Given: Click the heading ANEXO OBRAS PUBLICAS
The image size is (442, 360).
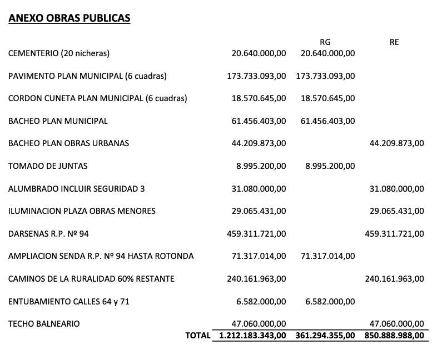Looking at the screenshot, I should pos(69,18).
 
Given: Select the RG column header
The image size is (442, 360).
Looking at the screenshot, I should pos(325,42).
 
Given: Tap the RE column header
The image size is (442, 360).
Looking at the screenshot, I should pos(394,42).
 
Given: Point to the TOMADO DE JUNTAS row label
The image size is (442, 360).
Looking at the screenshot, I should pos(48,166).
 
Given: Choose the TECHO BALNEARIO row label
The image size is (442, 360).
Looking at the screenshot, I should pos(44,324).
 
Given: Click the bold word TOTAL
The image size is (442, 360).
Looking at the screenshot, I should pos(198,336).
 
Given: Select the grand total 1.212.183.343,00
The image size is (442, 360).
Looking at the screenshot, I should pos(253,336).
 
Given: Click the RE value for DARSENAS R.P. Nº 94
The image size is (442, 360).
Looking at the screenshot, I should pos(394,234).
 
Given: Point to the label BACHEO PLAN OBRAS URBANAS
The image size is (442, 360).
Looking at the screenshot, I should pos(68,143).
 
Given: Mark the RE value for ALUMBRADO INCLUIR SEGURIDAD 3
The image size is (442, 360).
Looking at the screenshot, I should pos(396,189).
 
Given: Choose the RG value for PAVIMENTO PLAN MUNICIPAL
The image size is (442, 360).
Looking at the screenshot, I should pos(325,76).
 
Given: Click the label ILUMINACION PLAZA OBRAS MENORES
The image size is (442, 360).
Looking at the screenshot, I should pos(82,211).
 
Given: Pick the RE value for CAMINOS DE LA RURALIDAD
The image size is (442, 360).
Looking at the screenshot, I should pos(394,279).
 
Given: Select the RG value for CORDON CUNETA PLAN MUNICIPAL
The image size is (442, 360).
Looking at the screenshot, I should pos(327,98).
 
